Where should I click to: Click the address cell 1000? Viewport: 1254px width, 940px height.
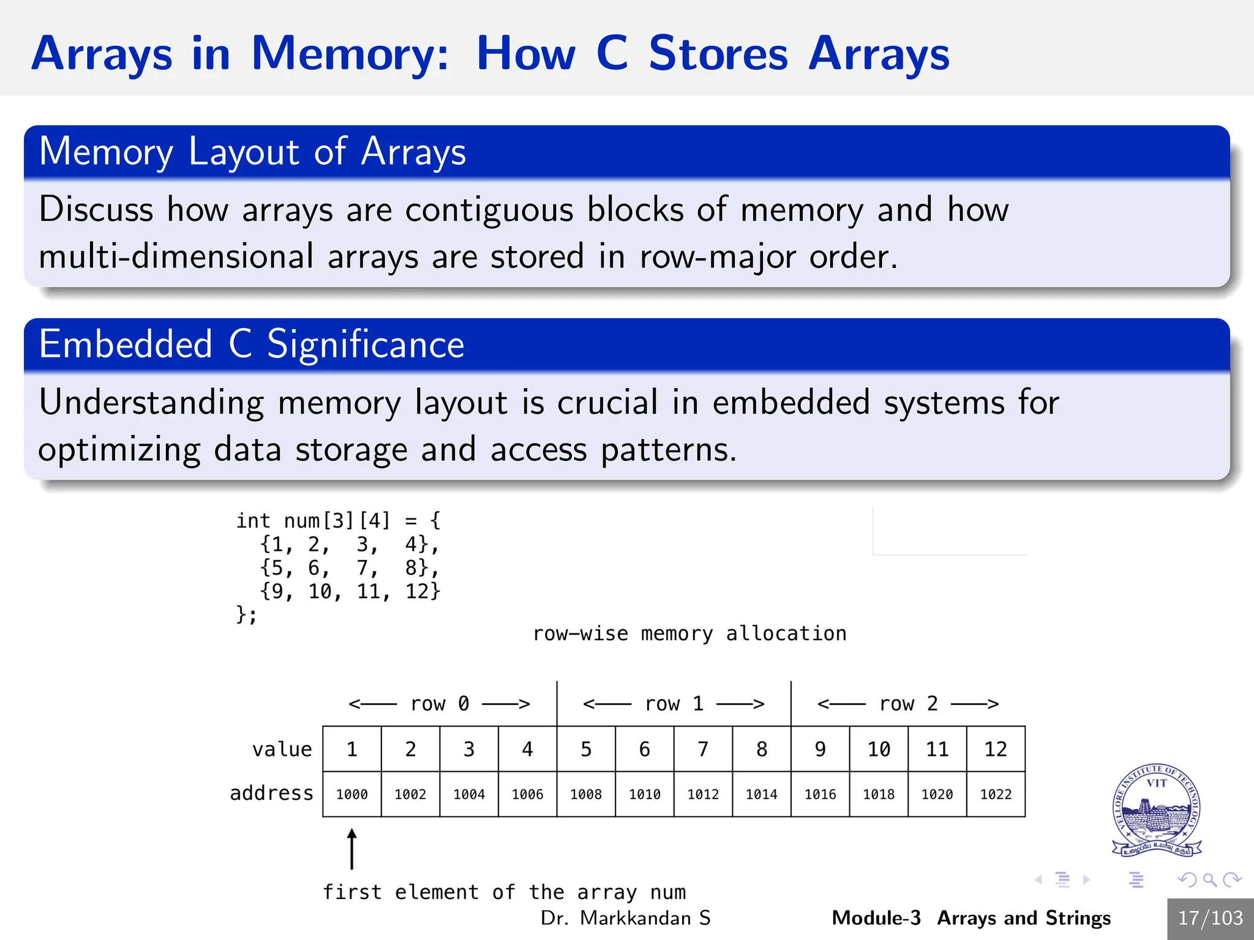pos(351,794)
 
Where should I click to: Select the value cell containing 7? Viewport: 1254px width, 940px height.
pos(703,749)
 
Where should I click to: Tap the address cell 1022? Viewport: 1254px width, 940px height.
pos(996,794)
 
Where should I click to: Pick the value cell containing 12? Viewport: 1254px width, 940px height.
pos(996,749)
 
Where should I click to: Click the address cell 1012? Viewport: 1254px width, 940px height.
pos(703,794)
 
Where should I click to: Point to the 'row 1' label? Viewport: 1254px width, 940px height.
pos(674,704)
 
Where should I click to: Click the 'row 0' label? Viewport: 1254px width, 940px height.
pos(439,704)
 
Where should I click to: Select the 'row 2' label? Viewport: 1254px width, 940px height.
pos(908,704)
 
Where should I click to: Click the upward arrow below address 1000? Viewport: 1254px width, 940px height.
pos(351,849)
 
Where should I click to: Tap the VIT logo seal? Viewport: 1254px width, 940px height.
pos(1156,810)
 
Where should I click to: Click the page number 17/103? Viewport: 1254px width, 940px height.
pos(1210,918)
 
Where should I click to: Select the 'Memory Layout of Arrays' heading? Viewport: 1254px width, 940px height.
pos(252,151)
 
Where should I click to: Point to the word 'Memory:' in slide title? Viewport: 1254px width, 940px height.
pos(350,53)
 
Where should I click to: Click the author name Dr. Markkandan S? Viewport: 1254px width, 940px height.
pos(625,918)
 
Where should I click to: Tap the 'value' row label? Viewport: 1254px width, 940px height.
pos(282,749)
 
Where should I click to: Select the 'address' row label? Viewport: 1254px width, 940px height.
pos(271,793)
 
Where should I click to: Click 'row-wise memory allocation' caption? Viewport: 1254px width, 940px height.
pos(689,633)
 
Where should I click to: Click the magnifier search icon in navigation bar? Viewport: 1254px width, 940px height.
pos(1209,880)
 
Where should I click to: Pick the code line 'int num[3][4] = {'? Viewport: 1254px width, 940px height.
pos(338,521)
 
